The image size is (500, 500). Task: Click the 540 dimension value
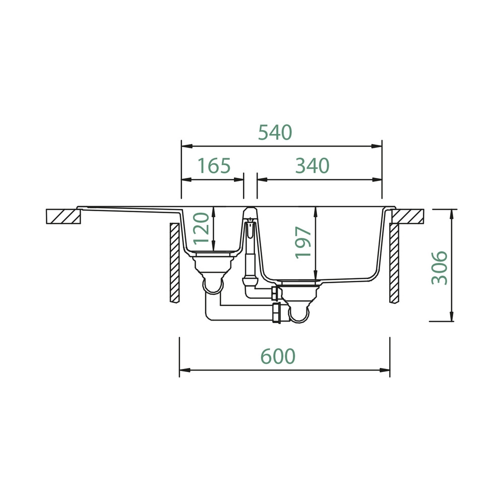(275, 133)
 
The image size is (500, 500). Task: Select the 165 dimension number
(214, 166)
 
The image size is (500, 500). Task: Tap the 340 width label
(312, 166)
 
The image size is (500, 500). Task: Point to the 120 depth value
(202, 229)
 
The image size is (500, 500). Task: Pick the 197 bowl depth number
(303, 242)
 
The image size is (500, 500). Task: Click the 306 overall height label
(440, 268)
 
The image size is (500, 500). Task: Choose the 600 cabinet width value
(278, 356)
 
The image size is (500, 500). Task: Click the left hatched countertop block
(63, 216)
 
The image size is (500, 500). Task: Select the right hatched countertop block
(408, 216)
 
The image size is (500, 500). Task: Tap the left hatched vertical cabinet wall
(174, 263)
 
